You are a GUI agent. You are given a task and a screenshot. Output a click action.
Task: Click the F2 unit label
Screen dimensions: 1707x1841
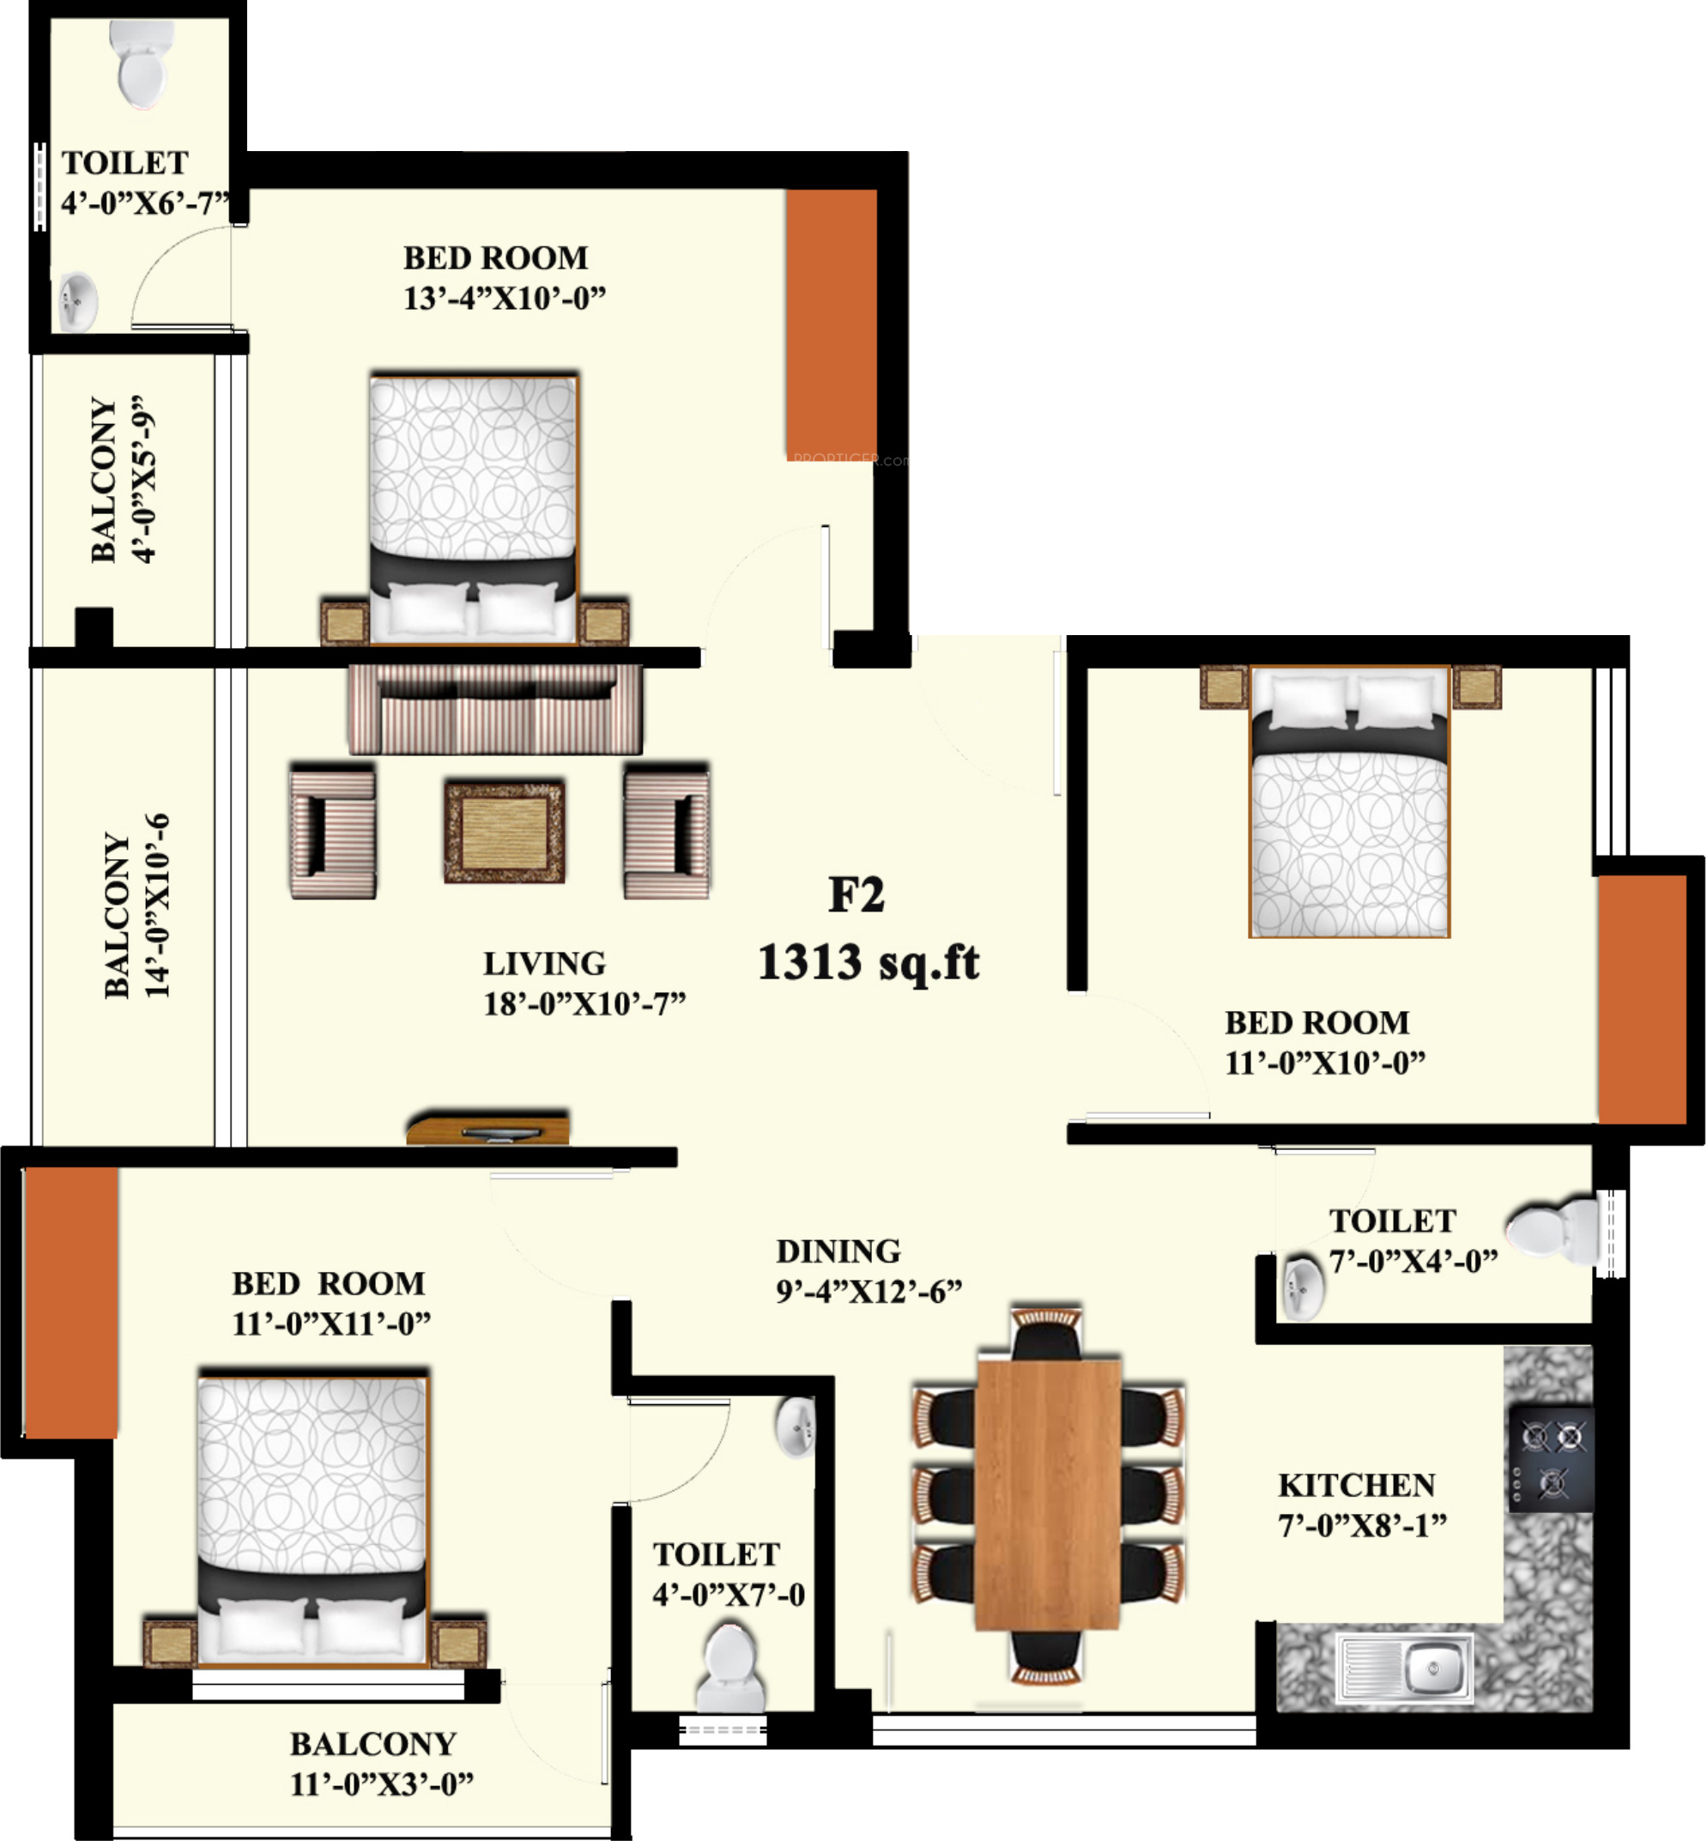(x=857, y=894)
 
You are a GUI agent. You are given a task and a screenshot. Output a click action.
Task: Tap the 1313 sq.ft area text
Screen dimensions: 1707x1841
(x=869, y=961)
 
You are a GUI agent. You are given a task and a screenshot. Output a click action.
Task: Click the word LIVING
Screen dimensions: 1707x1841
(x=545, y=964)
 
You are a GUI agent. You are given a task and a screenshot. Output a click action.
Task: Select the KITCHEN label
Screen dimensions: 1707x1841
(x=1357, y=1485)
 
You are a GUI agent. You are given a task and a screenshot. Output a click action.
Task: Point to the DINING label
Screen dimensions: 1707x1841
(x=838, y=1251)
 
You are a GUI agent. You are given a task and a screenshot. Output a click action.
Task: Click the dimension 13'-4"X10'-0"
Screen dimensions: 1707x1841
(x=505, y=299)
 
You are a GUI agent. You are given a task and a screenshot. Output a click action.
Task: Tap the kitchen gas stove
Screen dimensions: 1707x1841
(x=1552, y=1460)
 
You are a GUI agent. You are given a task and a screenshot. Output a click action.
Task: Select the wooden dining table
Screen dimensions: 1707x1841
(x=1048, y=1493)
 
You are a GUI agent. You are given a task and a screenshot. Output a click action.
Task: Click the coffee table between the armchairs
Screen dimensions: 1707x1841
(x=505, y=831)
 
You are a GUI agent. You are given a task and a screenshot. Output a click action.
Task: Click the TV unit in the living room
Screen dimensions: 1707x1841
(x=487, y=1128)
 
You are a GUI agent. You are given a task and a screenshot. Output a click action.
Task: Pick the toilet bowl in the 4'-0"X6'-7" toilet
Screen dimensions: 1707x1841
(x=142, y=63)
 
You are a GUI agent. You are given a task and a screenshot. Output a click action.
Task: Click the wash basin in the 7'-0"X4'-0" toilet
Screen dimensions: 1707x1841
(x=1304, y=1286)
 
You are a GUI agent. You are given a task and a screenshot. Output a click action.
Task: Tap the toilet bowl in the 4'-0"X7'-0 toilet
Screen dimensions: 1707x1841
(x=730, y=1669)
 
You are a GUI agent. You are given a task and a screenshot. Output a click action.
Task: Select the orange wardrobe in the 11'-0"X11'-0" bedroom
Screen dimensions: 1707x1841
(x=71, y=1303)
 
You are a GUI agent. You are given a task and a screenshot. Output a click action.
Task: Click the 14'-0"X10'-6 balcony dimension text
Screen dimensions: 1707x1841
(x=158, y=905)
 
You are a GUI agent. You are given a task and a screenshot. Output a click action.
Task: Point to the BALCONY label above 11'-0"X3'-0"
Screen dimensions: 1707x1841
(x=373, y=1743)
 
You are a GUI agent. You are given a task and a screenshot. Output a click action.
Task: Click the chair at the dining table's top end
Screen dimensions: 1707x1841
(x=1046, y=1333)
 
